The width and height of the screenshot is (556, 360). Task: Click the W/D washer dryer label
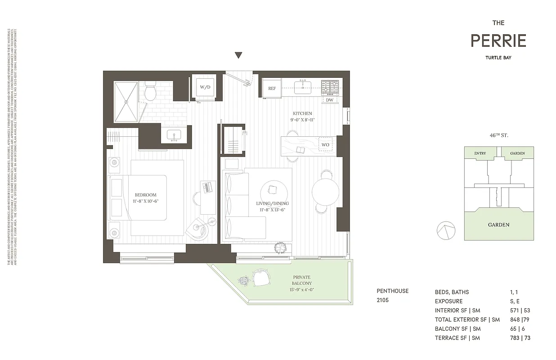(205, 87)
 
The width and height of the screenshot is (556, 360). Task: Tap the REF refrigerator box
(272, 88)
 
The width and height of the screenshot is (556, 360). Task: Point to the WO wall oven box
(325, 145)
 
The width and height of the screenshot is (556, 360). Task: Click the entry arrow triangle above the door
(238, 55)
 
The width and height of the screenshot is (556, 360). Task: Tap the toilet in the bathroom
(150, 91)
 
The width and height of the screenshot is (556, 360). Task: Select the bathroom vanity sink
(174, 135)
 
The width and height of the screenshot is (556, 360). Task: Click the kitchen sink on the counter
(303, 86)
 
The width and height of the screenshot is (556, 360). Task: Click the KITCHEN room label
(302, 113)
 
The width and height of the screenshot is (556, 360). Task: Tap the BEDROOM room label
(146, 195)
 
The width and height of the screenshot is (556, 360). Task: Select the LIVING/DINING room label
(272, 203)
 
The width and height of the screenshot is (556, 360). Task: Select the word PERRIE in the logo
(498, 41)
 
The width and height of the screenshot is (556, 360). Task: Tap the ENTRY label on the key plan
(480, 153)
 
